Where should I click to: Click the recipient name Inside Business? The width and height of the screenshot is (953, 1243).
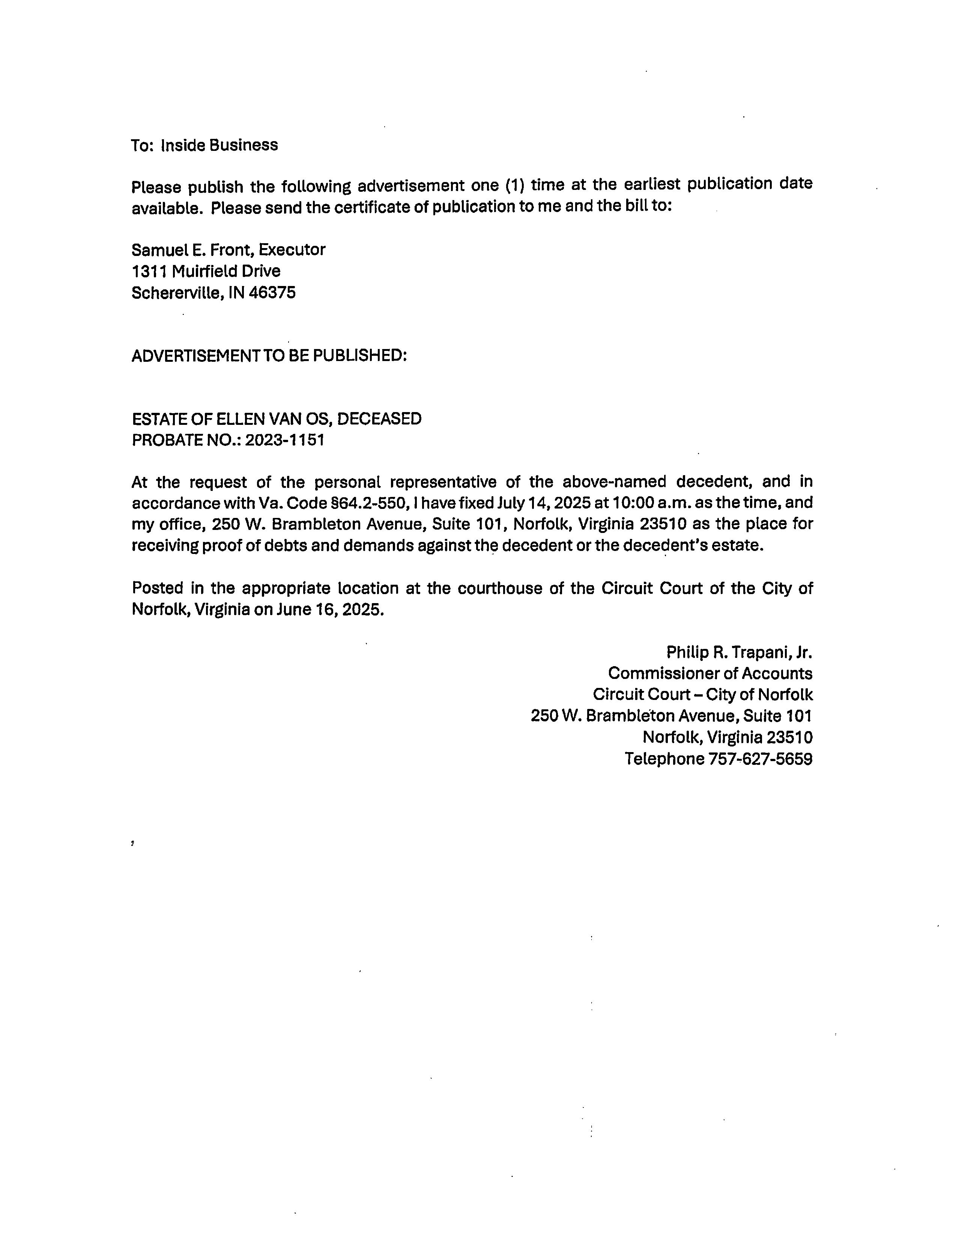pyautogui.click(x=219, y=145)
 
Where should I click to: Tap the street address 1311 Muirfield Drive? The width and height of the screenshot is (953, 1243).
pyautogui.click(x=206, y=271)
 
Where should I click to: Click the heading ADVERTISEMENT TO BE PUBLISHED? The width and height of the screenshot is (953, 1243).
pyautogui.click(x=269, y=356)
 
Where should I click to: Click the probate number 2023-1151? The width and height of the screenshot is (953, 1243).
pyautogui.click(x=285, y=440)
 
